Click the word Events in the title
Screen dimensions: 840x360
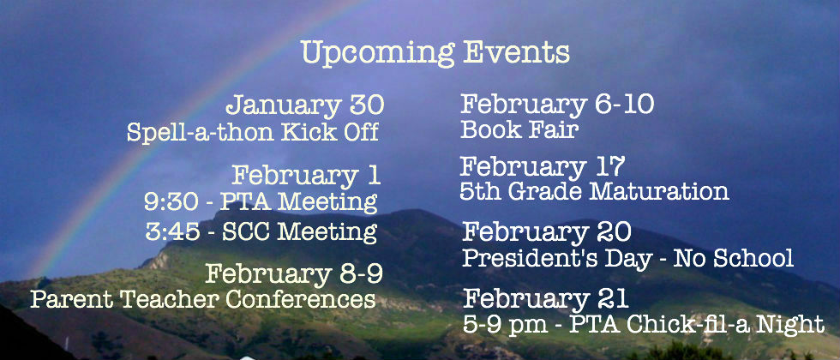tap(516, 52)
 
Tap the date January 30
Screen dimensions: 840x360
tap(305, 105)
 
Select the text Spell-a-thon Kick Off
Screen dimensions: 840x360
tap(253, 132)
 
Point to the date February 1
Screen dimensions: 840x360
tap(306, 177)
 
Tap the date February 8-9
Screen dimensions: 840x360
tap(294, 275)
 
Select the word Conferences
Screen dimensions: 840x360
tap(300, 299)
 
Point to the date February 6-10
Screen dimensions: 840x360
tap(557, 105)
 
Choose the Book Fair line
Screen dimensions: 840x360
tap(519, 129)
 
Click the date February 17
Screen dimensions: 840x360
tap(542, 167)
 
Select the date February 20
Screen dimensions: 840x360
tap(547, 232)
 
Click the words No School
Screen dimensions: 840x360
tap(733, 258)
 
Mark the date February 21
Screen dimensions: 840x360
tap(545, 299)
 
